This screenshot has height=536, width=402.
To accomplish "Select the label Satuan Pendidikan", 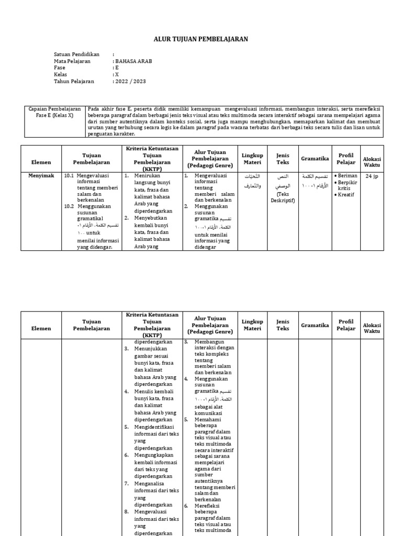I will point(76,54).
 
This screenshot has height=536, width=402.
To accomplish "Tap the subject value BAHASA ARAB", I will point(133,61).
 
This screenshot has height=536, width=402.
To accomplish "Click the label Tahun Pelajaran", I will point(74,82).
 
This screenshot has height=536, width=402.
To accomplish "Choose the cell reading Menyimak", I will point(41,176).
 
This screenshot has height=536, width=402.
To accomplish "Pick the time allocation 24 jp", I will point(372,176).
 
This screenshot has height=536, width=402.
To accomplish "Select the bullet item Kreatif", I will point(347,195).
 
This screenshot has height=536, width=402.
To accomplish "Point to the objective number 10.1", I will point(69,176).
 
